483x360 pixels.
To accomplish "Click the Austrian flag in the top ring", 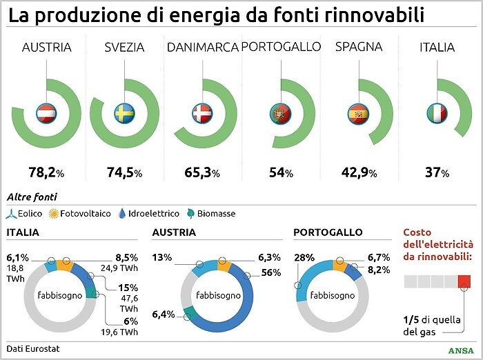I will [46, 112].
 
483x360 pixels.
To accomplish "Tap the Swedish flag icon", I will [125, 112].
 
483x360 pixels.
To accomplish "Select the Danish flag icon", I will [202, 112].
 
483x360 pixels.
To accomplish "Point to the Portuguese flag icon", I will [281, 112].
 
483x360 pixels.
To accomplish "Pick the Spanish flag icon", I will [359, 112].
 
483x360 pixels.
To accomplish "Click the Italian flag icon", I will [437, 112].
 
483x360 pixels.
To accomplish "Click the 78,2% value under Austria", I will [46, 172].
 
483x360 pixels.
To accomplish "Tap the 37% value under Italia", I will [437, 172].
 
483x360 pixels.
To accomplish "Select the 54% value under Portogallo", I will [281, 172].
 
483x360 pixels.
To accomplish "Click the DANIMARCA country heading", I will [202, 48].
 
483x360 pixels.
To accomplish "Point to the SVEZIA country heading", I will [124, 48].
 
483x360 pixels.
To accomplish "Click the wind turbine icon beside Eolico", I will [11, 214].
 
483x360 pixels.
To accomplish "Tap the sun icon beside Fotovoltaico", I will [53, 214].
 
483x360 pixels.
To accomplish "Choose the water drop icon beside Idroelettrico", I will [122, 214].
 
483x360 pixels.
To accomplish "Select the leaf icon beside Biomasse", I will [190, 214].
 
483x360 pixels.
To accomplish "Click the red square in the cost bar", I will [464, 281].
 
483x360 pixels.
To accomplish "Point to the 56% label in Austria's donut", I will [271, 273].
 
